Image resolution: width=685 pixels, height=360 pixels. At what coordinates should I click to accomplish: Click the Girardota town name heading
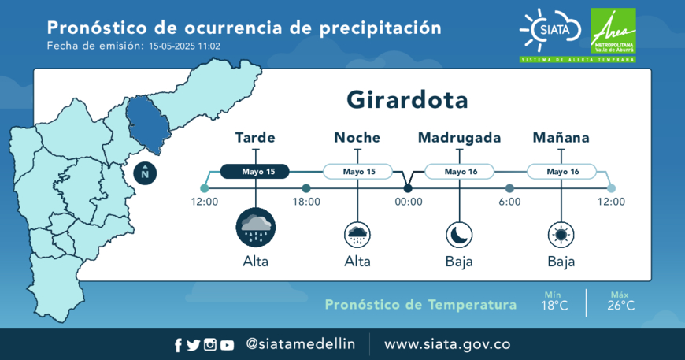tap(407, 100)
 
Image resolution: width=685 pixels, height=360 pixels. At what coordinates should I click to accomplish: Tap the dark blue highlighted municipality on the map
tap(148, 124)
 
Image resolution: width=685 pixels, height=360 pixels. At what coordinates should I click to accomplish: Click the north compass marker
tap(145, 173)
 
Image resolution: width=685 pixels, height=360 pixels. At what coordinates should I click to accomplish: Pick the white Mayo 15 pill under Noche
tap(357, 172)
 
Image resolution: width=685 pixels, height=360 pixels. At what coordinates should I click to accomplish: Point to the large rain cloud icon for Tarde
tap(256, 228)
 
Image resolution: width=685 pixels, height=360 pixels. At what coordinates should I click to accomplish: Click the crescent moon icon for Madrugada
tap(459, 235)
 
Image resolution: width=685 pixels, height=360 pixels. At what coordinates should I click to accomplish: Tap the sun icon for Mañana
tap(561, 235)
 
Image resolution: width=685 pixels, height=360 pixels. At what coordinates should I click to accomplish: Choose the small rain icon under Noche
tap(357, 235)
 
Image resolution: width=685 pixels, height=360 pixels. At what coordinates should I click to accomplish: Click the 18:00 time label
tap(306, 202)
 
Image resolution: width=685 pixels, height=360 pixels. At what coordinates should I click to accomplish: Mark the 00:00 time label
tap(409, 202)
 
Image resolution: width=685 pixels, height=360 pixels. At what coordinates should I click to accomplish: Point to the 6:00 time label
tap(510, 202)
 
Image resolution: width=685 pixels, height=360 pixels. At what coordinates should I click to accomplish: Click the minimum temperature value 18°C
tap(554, 306)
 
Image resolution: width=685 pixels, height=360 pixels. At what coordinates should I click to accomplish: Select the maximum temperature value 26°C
tap(620, 306)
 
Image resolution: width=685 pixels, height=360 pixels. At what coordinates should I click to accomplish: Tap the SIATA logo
tap(550, 30)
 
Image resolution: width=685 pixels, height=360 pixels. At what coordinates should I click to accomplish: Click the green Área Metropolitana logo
tap(613, 31)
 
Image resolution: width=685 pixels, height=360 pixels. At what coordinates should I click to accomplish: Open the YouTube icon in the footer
tap(227, 346)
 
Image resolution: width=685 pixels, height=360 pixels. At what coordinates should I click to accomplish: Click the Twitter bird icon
tap(193, 346)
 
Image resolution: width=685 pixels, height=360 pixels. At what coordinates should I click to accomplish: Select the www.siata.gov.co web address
tap(447, 344)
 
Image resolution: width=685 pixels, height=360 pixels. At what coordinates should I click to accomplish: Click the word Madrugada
tap(459, 138)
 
